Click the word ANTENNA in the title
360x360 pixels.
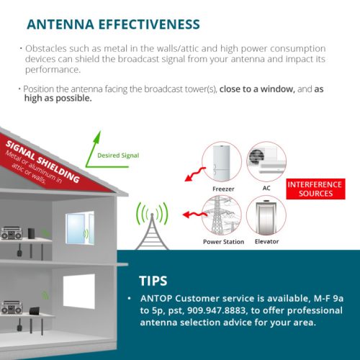tap(60, 24)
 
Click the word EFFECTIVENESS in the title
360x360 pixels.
tap(149, 24)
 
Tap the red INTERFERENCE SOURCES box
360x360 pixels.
tap(315, 189)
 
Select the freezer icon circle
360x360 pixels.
tap(222, 162)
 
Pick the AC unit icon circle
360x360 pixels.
tap(266, 161)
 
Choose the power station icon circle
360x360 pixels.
tap(222, 215)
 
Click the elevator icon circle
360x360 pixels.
tap(266, 215)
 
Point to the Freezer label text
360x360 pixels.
tap(223, 189)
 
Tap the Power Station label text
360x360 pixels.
tap(223, 242)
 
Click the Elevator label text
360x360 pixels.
tap(266, 241)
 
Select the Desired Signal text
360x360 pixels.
tap(118, 156)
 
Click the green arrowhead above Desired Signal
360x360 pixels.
tap(97, 137)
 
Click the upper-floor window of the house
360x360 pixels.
tap(80, 228)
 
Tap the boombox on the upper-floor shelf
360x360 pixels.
tap(12, 233)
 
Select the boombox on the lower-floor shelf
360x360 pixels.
tap(12, 307)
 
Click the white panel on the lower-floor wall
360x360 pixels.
tap(79, 292)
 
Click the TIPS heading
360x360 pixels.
tap(153, 281)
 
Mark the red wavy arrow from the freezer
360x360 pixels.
tap(195, 174)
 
